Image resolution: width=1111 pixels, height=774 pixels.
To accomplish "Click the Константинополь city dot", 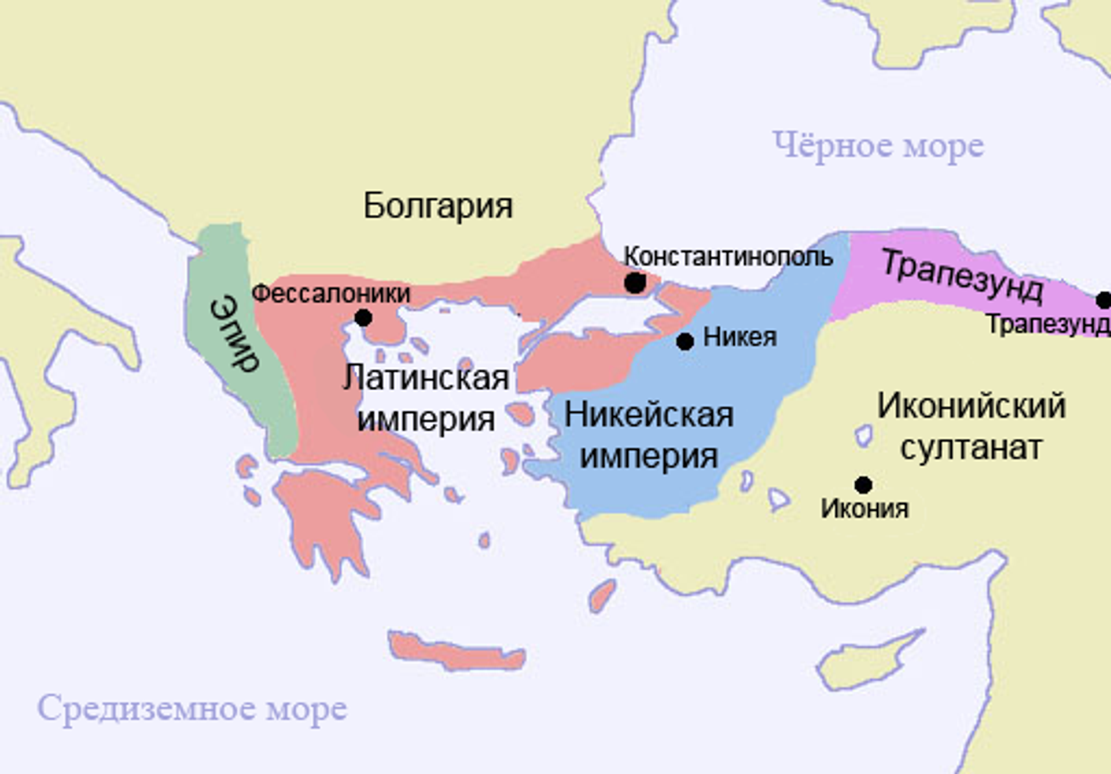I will coord(635,283).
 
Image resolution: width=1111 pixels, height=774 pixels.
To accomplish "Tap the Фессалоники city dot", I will coord(363,318).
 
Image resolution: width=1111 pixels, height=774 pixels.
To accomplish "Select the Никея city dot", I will coord(685,342).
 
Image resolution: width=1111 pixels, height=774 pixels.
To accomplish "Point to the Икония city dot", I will coord(863,485).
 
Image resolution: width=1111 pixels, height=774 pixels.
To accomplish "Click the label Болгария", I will coord(438,206).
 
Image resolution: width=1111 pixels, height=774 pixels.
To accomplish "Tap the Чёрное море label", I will coord(878,146).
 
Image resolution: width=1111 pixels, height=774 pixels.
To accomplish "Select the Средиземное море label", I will coord(192,709).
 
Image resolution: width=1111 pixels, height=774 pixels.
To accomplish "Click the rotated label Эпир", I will coord(234,332).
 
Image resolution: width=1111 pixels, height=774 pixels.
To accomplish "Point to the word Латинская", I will coord(426,379).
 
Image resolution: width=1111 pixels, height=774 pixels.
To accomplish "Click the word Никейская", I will coord(649,415).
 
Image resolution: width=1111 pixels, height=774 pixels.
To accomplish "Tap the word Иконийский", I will coord(971,405).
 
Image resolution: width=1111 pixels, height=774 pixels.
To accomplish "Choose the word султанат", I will coord(971,447).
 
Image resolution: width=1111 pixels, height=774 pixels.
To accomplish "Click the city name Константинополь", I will coord(728,256).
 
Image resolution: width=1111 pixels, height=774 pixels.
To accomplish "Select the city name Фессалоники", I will coord(331,294).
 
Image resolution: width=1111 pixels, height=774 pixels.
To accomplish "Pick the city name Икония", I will coord(864,509).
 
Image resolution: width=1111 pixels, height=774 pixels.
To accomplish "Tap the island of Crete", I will coord(457,651).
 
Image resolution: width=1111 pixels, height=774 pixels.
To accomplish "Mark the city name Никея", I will coord(740,338).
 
